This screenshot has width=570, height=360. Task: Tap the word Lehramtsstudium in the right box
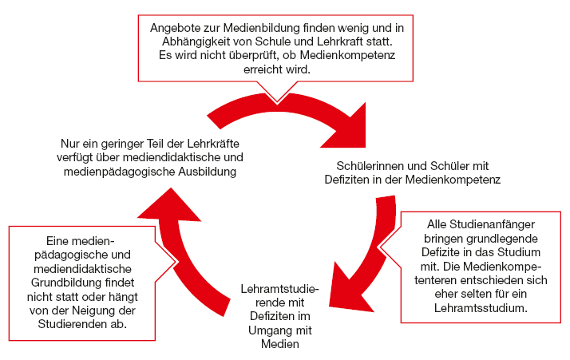[x=481, y=308]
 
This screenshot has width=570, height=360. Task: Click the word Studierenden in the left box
[x=73, y=324]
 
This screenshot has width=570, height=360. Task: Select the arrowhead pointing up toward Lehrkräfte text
[x=169, y=206]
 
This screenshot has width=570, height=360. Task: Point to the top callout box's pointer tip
[x=277, y=102]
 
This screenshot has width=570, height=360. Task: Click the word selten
[x=478, y=295]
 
